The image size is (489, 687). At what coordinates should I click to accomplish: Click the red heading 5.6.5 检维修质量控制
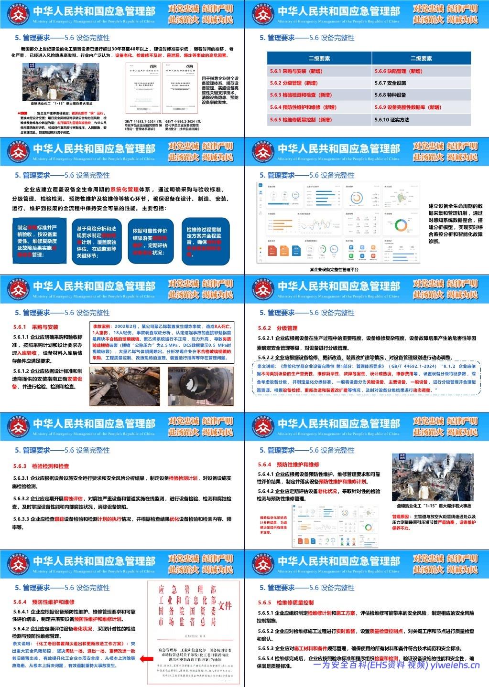point(285,602)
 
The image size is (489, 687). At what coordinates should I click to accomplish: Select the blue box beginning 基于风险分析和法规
point(97,239)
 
